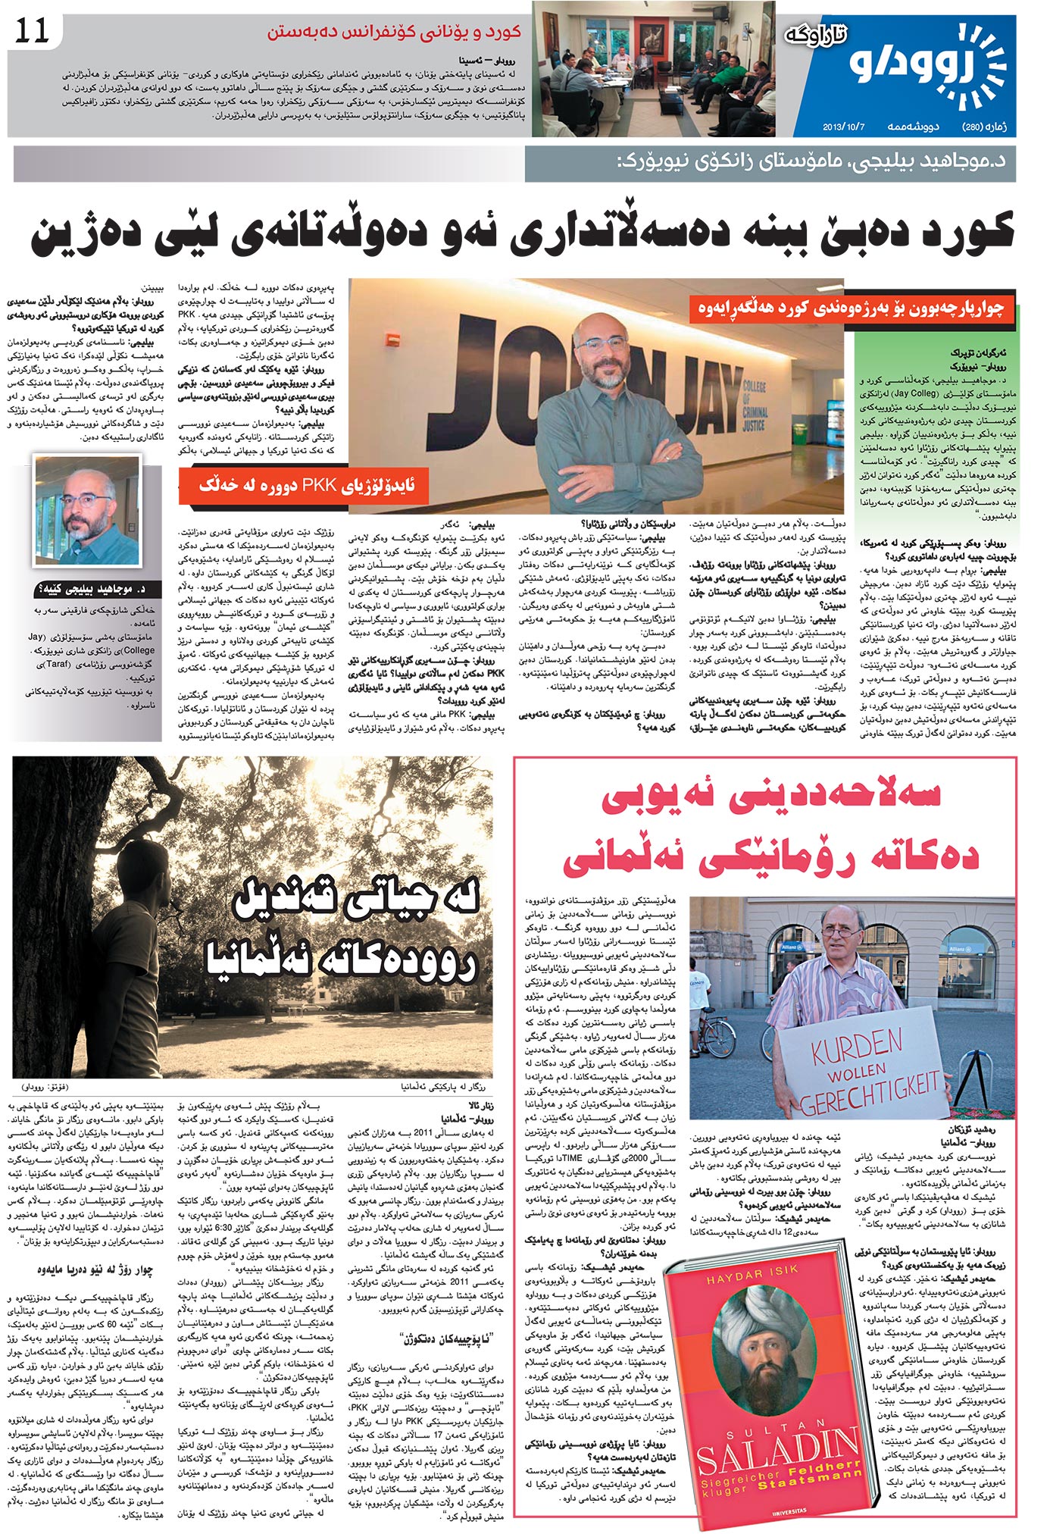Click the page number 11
32,31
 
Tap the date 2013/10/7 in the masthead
844,127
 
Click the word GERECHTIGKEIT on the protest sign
871,1094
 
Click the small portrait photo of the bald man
87,510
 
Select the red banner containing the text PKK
303,486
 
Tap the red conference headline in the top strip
394,33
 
